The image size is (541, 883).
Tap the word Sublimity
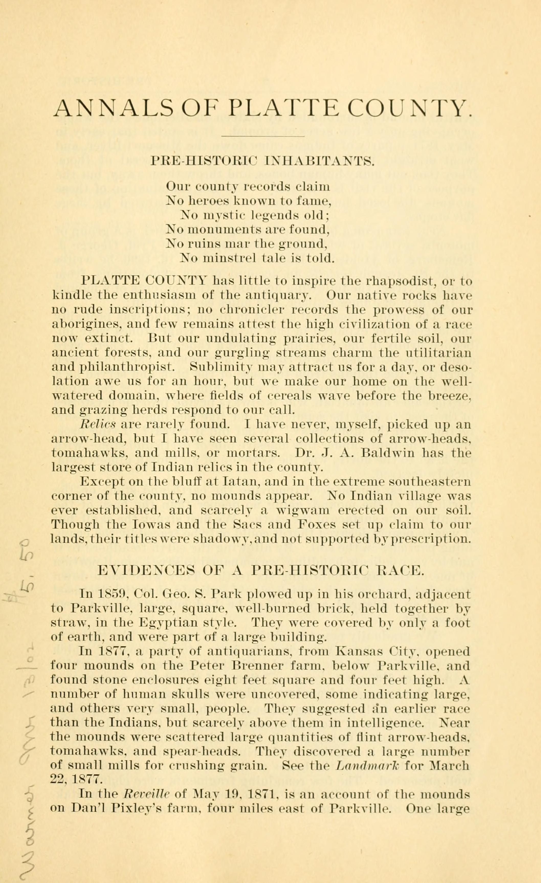(222, 367)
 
